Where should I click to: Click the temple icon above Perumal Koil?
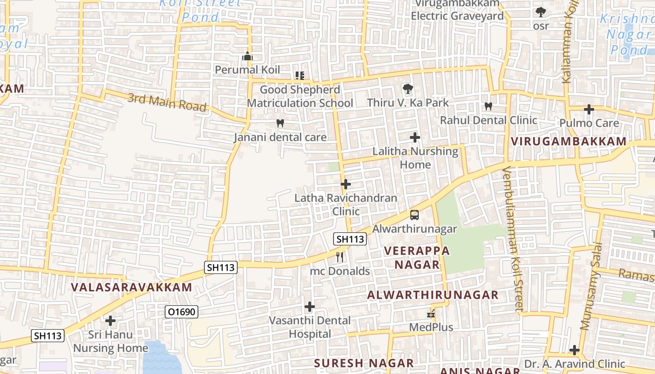(x=247, y=57)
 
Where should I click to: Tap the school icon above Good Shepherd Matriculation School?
(x=300, y=75)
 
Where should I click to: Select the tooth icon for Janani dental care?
(x=280, y=123)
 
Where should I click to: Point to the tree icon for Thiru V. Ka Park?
(x=408, y=88)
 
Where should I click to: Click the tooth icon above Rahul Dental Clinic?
(x=488, y=106)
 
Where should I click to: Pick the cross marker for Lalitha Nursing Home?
(x=415, y=137)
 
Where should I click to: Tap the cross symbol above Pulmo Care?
(x=589, y=110)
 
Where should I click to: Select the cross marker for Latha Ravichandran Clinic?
(x=346, y=184)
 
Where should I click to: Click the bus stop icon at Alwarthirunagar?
(x=415, y=215)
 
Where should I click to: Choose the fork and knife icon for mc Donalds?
(x=340, y=257)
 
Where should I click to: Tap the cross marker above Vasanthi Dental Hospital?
(x=309, y=307)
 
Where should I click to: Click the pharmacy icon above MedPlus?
(x=431, y=314)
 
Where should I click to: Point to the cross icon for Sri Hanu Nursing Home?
(x=110, y=321)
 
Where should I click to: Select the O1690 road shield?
(x=182, y=312)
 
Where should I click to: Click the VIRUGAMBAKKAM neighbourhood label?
(x=568, y=141)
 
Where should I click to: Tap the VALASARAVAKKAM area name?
(x=131, y=287)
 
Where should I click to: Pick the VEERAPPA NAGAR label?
(x=417, y=258)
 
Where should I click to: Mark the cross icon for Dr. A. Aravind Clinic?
(x=575, y=350)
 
